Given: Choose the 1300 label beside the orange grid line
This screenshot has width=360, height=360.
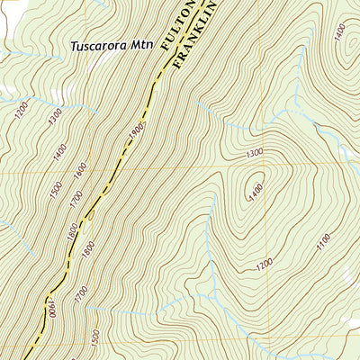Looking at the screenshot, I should [255, 154].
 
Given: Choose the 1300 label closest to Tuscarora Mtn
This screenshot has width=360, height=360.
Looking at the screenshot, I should [56, 115].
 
